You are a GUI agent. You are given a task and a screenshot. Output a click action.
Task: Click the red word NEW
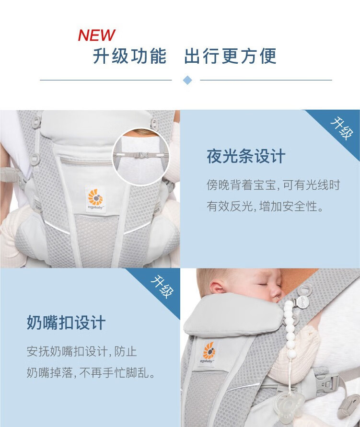coord(96,35)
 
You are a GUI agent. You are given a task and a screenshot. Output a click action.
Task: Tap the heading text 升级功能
coord(129,56)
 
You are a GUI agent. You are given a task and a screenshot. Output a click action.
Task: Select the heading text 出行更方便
coord(231,56)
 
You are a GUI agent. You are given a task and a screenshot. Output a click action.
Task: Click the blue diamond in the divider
coord(187,80)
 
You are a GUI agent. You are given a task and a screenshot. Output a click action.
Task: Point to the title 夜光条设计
coord(246,156)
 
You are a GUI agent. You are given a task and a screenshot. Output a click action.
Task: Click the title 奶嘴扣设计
coord(66,323)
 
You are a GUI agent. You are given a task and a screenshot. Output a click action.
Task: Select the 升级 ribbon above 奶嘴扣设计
coord(163,287)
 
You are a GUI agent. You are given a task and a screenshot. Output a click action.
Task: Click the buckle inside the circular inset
coord(143,155)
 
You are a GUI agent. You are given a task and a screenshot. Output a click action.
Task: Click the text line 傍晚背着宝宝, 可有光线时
coord(273,185)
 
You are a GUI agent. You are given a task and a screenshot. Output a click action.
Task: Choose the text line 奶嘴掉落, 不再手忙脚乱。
coord(91,372)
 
